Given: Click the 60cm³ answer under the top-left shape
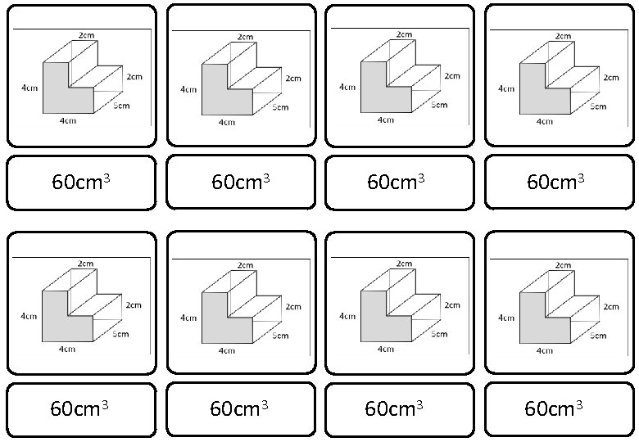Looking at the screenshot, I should point(80,182).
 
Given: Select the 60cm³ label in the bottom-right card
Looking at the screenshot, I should point(553,408).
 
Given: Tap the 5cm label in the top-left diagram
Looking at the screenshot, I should point(120,106).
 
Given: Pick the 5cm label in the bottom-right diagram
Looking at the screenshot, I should point(598,334).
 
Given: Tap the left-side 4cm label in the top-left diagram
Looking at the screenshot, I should point(29,87).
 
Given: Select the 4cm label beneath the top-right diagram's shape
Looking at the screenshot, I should point(544,122).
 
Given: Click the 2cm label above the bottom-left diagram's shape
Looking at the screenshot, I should point(85,263).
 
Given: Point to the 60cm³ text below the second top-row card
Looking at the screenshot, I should point(240,182).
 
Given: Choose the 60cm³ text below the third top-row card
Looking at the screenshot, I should point(395,181).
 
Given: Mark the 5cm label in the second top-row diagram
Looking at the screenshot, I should point(280,107).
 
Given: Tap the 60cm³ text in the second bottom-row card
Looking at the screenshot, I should point(239,408).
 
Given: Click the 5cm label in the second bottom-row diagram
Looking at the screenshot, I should point(280,335).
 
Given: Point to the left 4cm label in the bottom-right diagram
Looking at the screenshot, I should point(506,317).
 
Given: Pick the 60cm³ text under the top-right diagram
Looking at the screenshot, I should point(555,181).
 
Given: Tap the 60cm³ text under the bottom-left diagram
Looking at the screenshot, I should point(79,408).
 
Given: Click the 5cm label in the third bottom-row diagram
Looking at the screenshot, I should point(439,333).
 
